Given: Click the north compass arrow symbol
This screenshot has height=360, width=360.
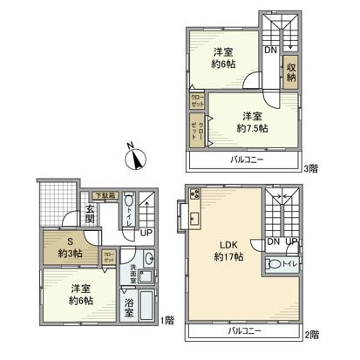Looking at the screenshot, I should [x=134, y=160].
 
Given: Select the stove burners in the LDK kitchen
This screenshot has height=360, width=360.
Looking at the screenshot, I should [x=194, y=195].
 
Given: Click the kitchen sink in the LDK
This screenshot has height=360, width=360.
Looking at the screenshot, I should [x=194, y=219].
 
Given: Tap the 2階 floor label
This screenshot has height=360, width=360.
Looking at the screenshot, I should [x=312, y=334].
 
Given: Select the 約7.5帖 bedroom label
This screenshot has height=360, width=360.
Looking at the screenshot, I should [x=253, y=122].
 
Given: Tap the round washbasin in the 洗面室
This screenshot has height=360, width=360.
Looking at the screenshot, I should [x=148, y=259].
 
